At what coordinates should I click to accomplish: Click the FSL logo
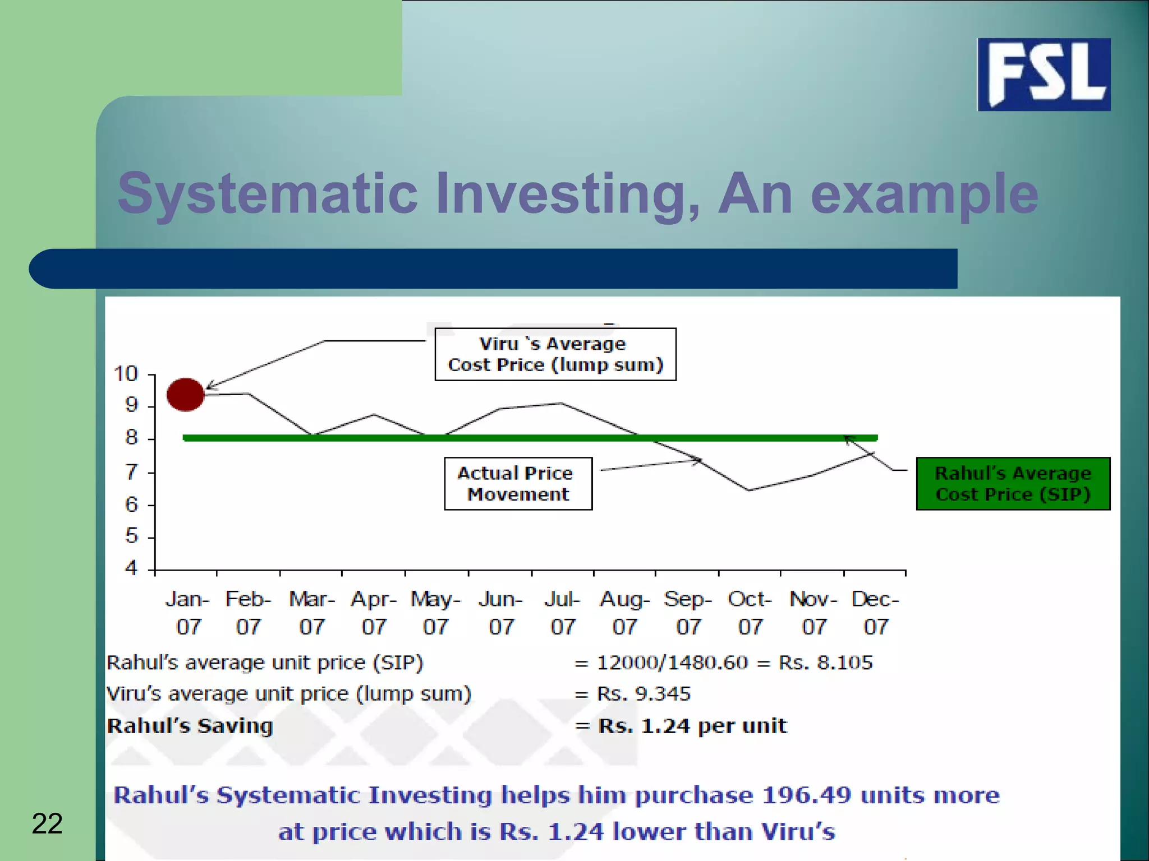1044,74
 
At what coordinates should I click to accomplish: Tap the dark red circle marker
186,395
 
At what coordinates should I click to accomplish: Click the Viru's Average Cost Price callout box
555,354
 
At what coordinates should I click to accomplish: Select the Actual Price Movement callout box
518,483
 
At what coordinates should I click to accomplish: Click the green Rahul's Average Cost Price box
1013,483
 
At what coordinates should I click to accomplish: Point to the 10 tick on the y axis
126,374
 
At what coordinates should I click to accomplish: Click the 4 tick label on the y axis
131,568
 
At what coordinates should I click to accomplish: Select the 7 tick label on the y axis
131,472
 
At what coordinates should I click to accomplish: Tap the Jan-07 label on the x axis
187,612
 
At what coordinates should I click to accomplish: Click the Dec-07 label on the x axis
875,612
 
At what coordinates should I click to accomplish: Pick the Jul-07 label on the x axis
562,612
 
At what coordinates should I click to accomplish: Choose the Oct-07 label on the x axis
750,612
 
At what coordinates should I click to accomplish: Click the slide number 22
47,823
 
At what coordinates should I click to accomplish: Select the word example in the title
925,193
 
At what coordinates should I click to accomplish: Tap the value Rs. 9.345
644,694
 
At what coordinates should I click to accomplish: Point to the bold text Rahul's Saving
190,726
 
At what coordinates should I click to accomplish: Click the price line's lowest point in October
750,490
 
